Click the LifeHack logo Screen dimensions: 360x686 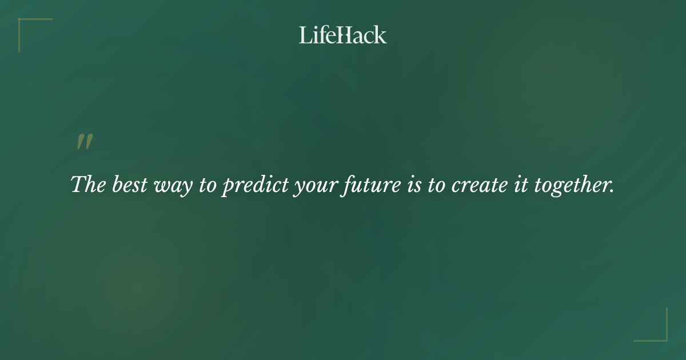click(343, 35)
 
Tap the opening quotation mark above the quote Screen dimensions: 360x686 click(85, 142)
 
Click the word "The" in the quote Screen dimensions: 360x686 click(86, 185)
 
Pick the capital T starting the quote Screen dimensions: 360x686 click(78, 185)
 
